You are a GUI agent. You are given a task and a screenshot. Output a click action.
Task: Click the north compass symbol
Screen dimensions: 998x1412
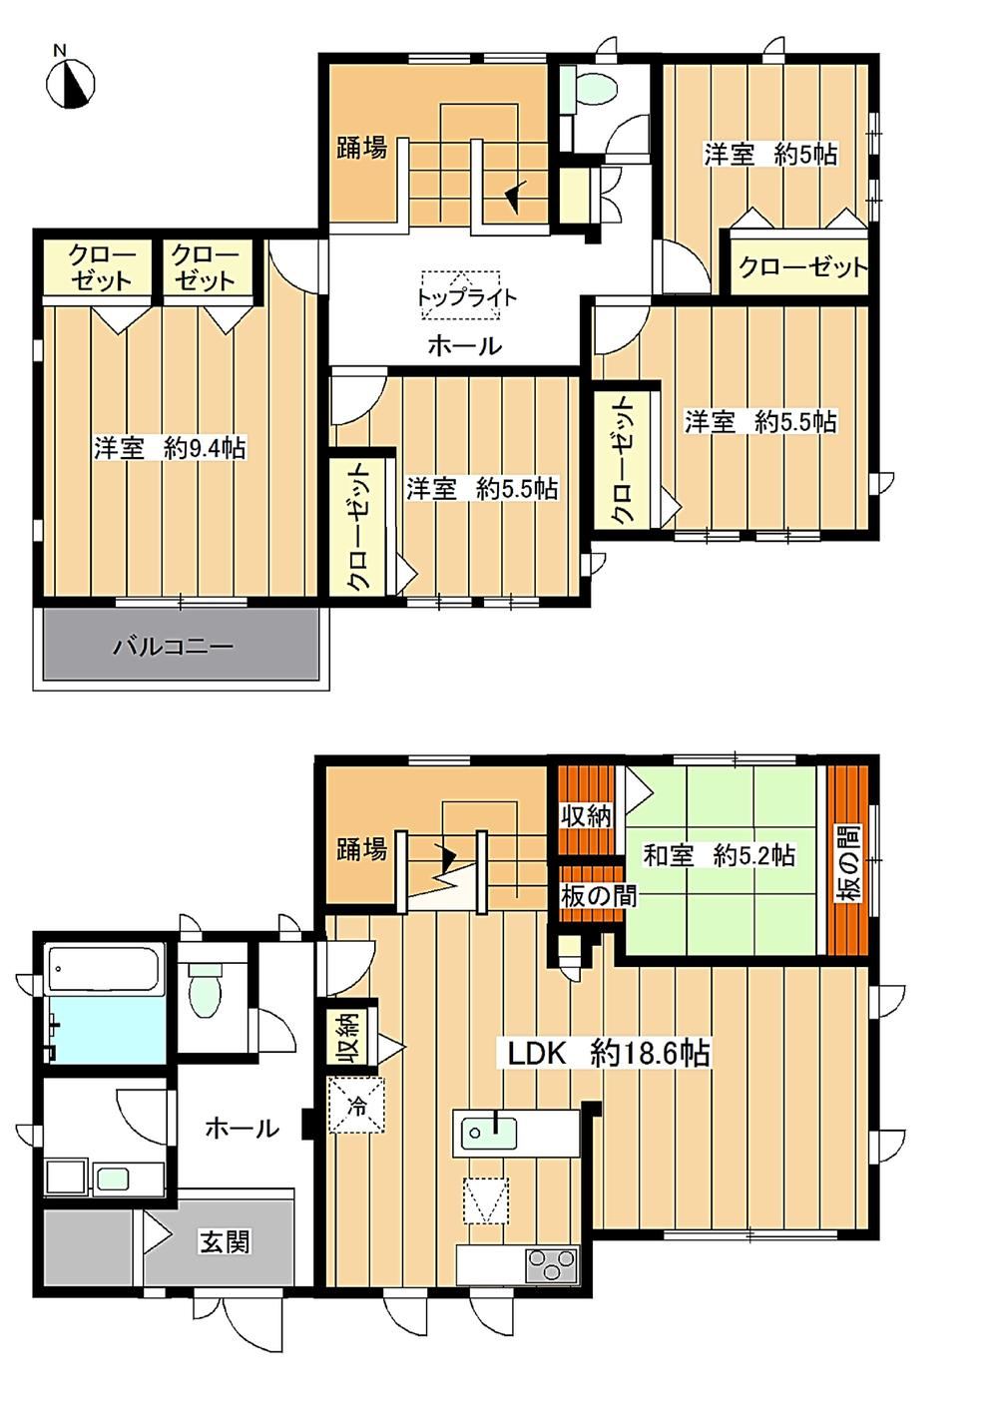tap(71, 83)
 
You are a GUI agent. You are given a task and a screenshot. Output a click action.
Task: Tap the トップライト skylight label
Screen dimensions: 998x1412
tap(466, 297)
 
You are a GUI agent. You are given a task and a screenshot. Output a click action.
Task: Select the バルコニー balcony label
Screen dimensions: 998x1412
tap(173, 647)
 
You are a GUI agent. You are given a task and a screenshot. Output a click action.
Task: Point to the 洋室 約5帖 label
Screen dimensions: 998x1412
tap(770, 155)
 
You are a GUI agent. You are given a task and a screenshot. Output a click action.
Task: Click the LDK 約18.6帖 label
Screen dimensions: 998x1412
tap(609, 1054)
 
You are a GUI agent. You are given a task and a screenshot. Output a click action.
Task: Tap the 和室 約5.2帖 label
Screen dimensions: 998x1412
tap(719, 856)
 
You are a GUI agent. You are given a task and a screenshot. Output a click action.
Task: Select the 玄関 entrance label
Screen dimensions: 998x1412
tap(226, 1241)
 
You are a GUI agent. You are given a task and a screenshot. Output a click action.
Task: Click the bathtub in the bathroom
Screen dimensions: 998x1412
tap(105, 968)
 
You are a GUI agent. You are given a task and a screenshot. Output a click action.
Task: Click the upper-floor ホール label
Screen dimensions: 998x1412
tap(465, 346)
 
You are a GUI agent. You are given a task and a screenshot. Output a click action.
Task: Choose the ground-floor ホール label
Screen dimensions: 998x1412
tap(242, 1128)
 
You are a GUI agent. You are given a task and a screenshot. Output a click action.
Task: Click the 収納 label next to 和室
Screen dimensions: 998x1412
tap(586, 817)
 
